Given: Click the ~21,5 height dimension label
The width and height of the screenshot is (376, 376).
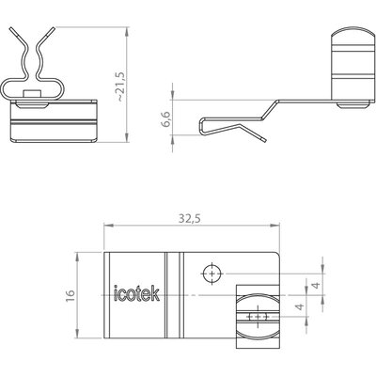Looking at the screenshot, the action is tap(121, 86).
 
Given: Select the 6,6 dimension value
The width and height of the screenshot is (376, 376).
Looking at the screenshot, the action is tap(166, 118).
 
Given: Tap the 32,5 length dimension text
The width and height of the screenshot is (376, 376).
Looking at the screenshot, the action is tap(190, 219).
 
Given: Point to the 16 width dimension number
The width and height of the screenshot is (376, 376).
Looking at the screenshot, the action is tap(70, 295).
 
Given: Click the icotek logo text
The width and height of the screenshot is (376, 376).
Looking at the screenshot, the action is tap(136, 293).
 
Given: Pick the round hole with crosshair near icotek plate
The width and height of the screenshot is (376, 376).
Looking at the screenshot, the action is tap(212, 274).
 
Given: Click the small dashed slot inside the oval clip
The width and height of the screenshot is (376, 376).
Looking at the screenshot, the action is tap(257, 317).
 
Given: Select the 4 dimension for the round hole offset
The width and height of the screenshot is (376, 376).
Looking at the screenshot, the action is tap(317, 285).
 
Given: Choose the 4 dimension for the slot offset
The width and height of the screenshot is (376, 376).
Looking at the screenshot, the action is tap(300, 306).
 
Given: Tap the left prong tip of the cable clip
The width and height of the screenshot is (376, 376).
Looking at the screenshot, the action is tap(11, 29).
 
